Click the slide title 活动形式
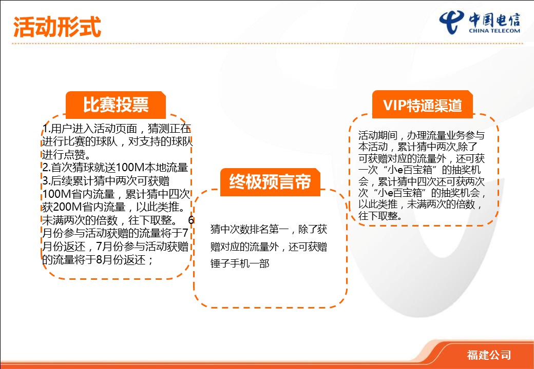point(57,27)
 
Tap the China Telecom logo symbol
point(451,22)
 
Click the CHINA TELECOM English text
point(494,31)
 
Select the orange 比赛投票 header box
point(116,105)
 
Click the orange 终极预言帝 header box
point(270,182)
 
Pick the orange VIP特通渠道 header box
point(422,105)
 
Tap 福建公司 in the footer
point(489,355)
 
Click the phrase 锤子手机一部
point(240,263)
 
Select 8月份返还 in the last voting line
point(121,260)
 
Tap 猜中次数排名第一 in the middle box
point(250,230)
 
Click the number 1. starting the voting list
point(47,129)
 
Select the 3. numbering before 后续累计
point(47,181)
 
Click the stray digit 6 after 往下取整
point(191,220)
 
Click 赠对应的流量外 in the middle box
point(244,247)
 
